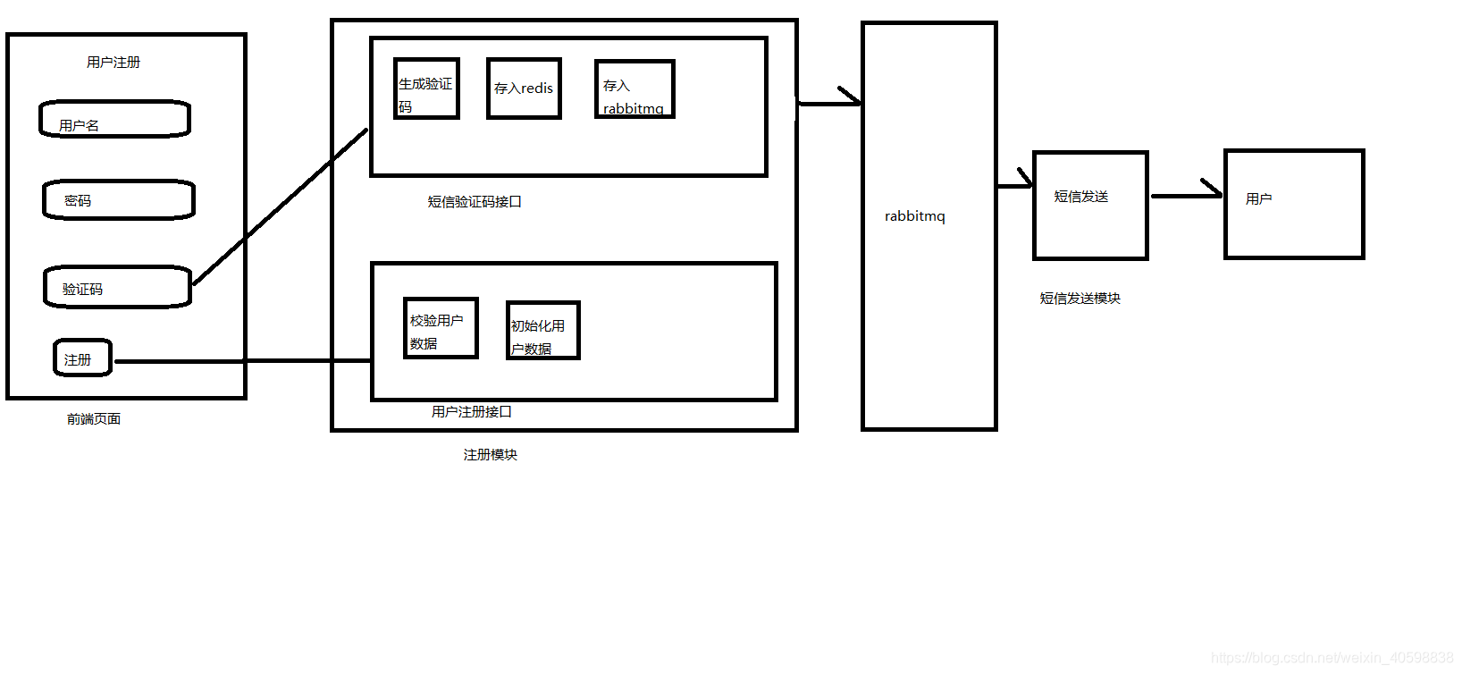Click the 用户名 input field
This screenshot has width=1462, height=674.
tap(114, 119)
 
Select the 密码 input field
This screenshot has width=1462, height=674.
tap(118, 199)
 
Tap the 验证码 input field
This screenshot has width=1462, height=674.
tap(117, 287)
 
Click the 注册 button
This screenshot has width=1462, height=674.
tap(82, 358)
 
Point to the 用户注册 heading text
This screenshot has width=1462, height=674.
tap(113, 63)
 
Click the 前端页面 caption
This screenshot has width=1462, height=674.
tap(94, 419)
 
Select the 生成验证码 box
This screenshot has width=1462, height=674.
tap(426, 88)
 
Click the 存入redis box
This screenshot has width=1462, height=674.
tap(524, 88)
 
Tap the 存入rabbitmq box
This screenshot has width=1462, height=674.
tap(634, 89)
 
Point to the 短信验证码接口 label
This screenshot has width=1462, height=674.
tap(475, 202)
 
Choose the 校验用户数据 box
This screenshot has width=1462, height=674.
tap(441, 328)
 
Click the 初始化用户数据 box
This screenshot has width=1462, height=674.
tap(542, 331)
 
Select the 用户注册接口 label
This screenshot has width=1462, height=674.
tap(472, 412)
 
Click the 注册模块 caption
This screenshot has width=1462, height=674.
tap(491, 455)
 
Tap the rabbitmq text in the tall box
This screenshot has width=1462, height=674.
tap(914, 216)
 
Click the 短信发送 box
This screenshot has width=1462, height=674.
tap(1090, 206)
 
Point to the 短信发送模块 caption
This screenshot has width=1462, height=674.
tap(1080, 299)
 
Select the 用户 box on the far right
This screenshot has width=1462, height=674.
tap(1294, 205)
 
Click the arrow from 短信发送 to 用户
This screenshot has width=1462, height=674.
tap(1186, 195)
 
